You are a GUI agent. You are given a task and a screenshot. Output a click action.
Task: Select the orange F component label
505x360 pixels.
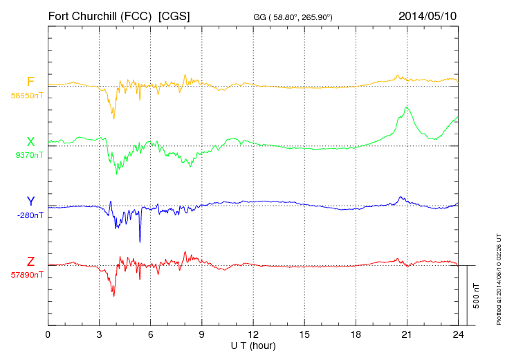30,82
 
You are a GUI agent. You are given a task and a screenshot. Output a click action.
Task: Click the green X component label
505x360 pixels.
30,142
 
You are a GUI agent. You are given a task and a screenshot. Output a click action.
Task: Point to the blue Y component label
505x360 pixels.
30,201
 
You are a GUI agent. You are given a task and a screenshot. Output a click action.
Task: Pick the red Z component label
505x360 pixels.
30,261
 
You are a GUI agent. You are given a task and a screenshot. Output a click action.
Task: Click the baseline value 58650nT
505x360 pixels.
26,96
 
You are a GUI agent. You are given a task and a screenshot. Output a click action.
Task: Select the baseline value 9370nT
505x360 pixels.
28,155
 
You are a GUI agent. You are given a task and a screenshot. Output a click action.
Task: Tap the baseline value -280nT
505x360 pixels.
30,215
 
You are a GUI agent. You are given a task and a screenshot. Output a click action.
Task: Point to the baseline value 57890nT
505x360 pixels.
26,275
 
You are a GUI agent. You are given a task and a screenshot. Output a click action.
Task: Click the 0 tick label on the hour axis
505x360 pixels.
48,335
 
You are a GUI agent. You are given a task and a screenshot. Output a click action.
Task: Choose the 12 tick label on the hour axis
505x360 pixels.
253,335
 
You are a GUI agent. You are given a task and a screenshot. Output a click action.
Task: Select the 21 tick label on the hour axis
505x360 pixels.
407,335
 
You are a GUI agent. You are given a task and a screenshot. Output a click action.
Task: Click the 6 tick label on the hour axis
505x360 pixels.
151,335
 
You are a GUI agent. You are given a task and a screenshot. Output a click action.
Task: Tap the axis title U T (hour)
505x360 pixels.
253,345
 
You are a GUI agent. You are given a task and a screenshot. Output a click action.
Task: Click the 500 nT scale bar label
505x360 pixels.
477,296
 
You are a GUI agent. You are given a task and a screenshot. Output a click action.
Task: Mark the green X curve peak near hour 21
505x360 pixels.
407,107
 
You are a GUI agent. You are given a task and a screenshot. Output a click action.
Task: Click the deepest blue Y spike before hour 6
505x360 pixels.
140,242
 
